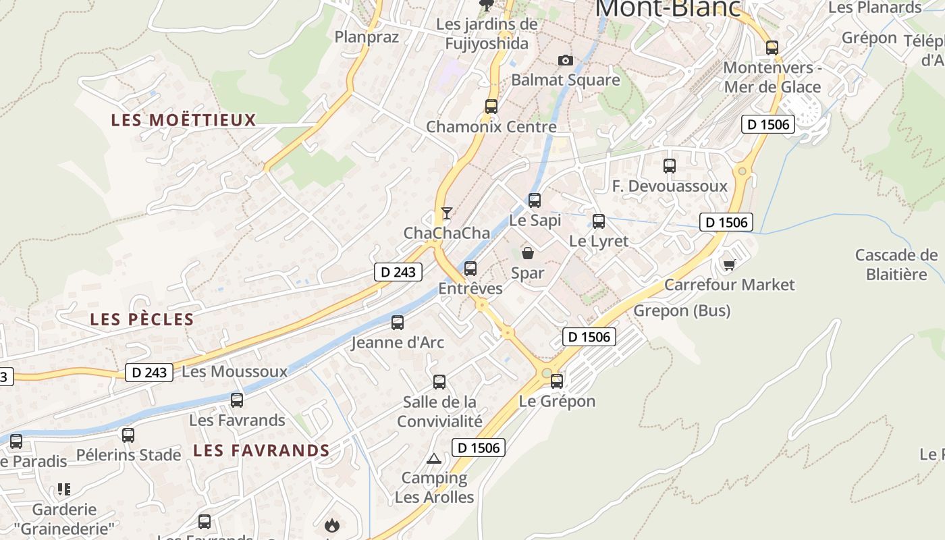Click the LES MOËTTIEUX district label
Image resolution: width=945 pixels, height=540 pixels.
point(184,120)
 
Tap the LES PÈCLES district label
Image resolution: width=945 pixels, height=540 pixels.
point(142,319)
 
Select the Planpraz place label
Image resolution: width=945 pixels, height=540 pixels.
point(367,36)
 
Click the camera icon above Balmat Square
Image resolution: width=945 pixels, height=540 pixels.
point(566,61)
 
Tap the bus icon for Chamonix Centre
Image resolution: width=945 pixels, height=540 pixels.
point(491,106)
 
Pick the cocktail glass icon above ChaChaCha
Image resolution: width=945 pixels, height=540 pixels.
point(446,213)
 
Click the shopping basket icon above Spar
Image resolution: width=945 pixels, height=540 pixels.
point(528,253)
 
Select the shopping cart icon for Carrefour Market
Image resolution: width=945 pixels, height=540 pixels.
point(729,264)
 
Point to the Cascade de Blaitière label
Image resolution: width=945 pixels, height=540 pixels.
point(896,265)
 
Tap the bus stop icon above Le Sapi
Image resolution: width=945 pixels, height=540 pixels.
point(535,200)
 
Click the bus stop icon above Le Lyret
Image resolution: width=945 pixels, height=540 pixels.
point(598,221)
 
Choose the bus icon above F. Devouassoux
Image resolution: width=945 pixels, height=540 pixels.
point(669,165)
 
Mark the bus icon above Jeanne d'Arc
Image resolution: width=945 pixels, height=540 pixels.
point(398,322)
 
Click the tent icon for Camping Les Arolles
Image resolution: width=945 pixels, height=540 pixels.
point(434,458)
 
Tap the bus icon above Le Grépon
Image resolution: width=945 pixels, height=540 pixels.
point(557,381)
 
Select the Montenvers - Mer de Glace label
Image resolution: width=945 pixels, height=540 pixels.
point(772,77)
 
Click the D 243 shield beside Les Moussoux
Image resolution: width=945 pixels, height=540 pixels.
point(149,372)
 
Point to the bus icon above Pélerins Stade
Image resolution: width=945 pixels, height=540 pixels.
point(128,435)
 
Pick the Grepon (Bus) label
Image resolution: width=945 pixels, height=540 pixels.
point(682,310)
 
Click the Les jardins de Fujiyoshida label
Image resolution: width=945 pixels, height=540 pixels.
point(487,34)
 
